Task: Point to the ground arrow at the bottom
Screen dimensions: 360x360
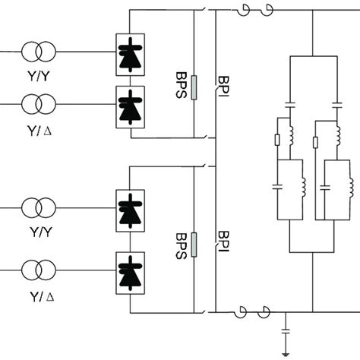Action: tap(286, 351)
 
